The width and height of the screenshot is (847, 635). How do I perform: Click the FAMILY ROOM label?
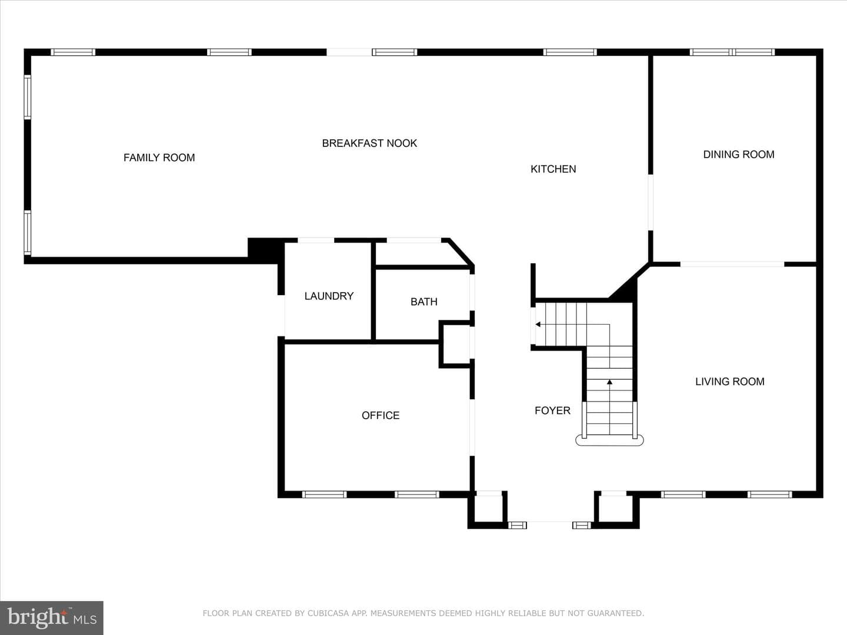click(x=159, y=158)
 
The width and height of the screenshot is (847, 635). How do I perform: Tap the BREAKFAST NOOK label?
click(x=369, y=143)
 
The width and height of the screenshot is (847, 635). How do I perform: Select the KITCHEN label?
click(x=553, y=169)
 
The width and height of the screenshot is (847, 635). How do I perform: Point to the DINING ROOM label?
click(x=739, y=154)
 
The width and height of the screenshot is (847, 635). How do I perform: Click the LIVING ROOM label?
click(x=730, y=382)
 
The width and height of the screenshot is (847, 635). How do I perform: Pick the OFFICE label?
click(x=381, y=415)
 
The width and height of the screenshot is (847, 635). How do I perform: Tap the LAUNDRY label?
click(x=329, y=296)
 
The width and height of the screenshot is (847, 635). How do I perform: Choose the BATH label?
click(x=423, y=302)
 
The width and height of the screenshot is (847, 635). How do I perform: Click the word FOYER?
click(x=552, y=410)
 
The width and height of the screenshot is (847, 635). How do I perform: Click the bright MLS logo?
click(x=52, y=618)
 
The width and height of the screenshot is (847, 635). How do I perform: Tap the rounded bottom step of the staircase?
click(x=609, y=440)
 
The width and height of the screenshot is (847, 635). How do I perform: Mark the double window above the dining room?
click(x=732, y=52)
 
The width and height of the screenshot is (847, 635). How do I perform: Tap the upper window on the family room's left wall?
click(x=28, y=97)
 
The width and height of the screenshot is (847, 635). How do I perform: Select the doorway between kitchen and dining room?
click(x=650, y=202)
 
